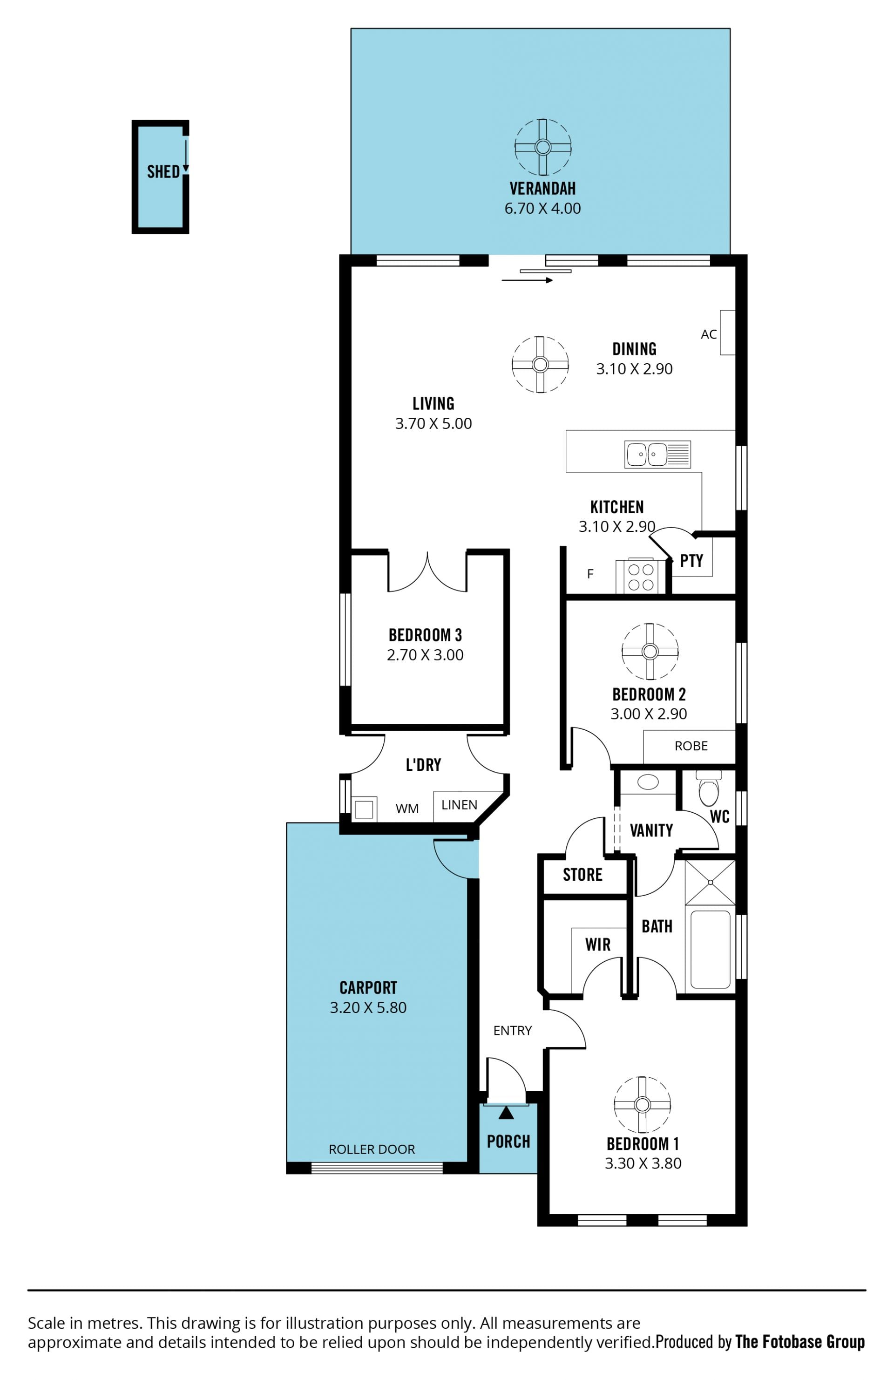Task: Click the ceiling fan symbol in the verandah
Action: click(x=542, y=147)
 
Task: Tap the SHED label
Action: click(x=163, y=172)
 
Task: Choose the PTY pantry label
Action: click(x=691, y=561)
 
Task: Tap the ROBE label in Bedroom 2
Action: click(x=691, y=746)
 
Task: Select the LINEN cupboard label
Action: click(x=459, y=805)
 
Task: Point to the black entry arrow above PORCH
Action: click(x=506, y=1112)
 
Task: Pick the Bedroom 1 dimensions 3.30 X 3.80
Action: click(x=643, y=1163)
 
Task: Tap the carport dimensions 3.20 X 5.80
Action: click(x=368, y=1007)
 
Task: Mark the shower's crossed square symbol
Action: click(x=710, y=883)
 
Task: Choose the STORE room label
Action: click(x=582, y=874)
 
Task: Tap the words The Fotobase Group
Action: click(x=800, y=1341)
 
